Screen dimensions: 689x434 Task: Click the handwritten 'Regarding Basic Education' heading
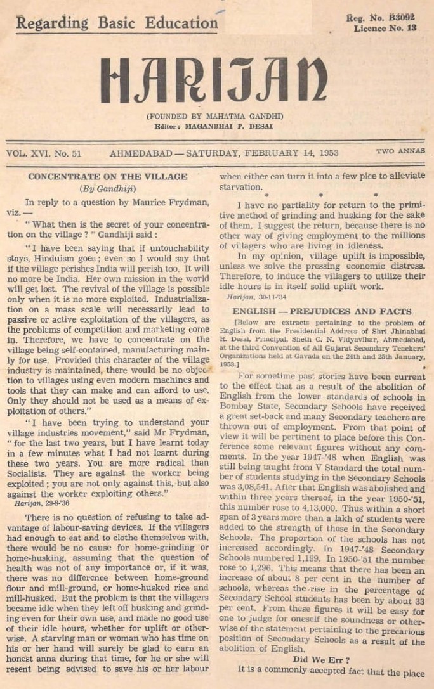click(x=117, y=23)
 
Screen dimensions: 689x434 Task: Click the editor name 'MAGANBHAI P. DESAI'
click(x=233, y=126)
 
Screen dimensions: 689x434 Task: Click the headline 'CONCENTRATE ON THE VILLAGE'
click(x=107, y=177)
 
